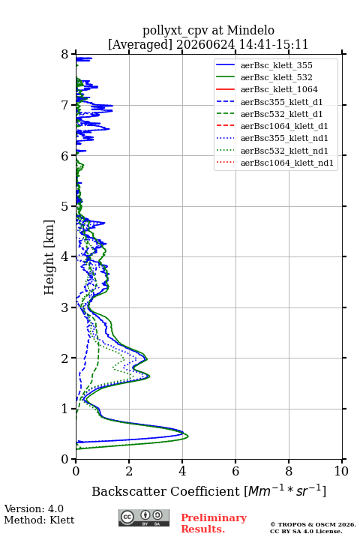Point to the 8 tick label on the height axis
(65, 54)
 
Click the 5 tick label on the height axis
(65, 206)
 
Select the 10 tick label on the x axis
(341, 471)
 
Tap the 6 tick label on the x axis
(235, 471)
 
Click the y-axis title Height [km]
(49, 257)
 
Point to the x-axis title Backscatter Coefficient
(166, 491)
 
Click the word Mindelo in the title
(250, 30)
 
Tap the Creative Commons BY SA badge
(144, 517)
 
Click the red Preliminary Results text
(214, 523)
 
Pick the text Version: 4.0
(34, 508)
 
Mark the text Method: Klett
(39, 520)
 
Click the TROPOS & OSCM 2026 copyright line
(313, 524)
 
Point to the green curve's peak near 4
(188, 436)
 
